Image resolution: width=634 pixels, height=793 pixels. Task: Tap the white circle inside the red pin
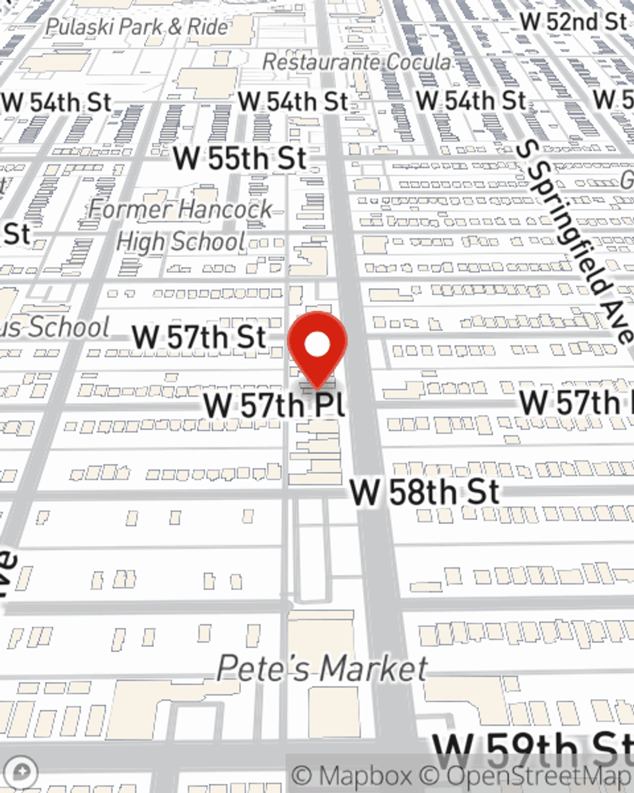317,344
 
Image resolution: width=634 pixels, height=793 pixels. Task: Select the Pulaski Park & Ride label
137,27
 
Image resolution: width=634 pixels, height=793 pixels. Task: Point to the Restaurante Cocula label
356,62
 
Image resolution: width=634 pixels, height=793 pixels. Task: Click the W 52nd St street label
573,21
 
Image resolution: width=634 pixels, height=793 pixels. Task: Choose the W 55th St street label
240,158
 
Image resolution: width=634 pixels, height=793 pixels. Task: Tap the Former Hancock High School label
181,225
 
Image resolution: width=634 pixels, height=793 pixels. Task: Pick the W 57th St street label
198,336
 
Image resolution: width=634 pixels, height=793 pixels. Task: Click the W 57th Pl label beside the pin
274,405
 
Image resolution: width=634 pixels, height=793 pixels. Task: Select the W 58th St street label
425,492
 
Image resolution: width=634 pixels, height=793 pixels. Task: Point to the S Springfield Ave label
574,241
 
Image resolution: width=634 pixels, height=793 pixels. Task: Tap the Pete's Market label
322,669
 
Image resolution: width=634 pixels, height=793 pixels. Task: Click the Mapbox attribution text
353,776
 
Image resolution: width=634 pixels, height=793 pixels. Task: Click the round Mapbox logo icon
21,772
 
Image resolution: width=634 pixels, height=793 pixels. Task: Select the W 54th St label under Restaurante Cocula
293,102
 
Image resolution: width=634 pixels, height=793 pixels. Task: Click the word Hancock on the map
225,208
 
